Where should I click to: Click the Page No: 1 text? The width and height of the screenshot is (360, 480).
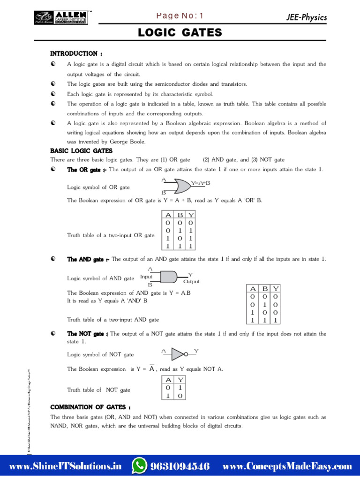[180, 16]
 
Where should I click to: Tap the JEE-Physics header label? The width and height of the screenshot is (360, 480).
[306, 17]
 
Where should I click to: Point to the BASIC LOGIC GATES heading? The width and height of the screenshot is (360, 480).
[82, 151]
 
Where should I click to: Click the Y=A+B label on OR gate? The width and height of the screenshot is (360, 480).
[201, 183]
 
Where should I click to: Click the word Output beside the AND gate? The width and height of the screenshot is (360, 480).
[191, 282]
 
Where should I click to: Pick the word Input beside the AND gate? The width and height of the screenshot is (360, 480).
[146, 277]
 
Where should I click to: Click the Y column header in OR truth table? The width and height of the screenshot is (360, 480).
[191, 215]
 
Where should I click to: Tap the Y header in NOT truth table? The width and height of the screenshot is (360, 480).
[180, 380]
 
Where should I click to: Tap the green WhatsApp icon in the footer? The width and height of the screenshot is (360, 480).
[139, 466]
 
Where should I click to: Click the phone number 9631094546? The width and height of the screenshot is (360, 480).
[180, 466]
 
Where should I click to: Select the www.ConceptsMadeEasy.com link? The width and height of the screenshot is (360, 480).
[287, 466]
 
